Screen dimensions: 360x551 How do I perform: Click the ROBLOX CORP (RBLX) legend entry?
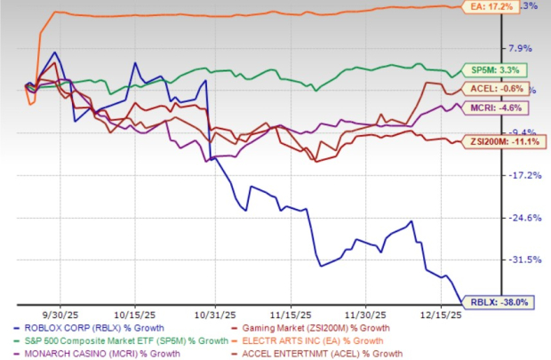(x=72, y=330)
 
